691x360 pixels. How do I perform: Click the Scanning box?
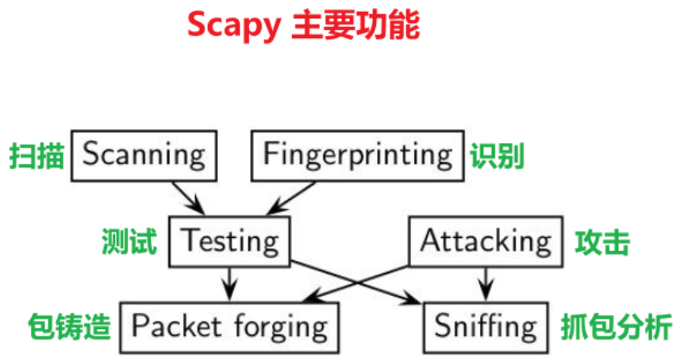(143, 155)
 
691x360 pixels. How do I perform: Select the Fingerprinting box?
(358, 155)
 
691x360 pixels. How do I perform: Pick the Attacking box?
(486, 241)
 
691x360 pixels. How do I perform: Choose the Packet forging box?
(229, 326)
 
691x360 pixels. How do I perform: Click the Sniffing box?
(486, 326)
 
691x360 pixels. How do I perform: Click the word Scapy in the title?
(233, 25)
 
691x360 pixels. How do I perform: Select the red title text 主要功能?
(355, 25)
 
